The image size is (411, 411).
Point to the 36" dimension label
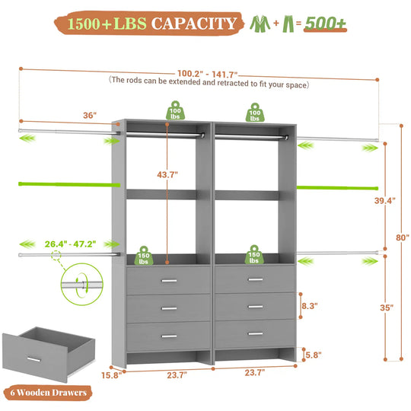tap(90, 115)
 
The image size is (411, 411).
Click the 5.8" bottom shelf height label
tap(311, 354)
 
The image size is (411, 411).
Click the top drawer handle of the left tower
tap(167, 281)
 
